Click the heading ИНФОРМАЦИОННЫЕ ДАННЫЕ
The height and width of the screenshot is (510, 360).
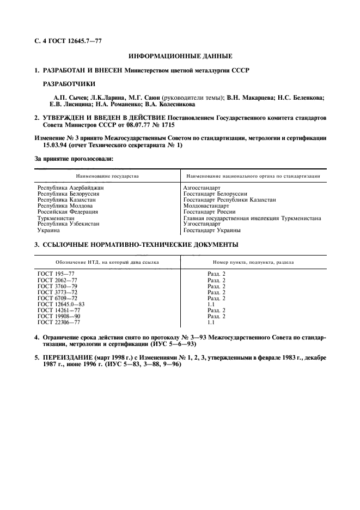[180, 56]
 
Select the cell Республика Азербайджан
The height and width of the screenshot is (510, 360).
[70, 188]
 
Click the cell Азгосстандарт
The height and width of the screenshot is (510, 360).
[202, 188]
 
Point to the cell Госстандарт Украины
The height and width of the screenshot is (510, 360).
[212, 230]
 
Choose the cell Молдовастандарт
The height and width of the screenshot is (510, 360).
[206, 206]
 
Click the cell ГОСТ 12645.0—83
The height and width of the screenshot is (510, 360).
[61, 304]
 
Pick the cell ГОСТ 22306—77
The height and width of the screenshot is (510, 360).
[58, 322]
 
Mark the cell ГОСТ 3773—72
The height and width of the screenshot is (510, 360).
[57, 292]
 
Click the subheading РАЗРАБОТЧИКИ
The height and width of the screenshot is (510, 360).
[69, 84]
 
